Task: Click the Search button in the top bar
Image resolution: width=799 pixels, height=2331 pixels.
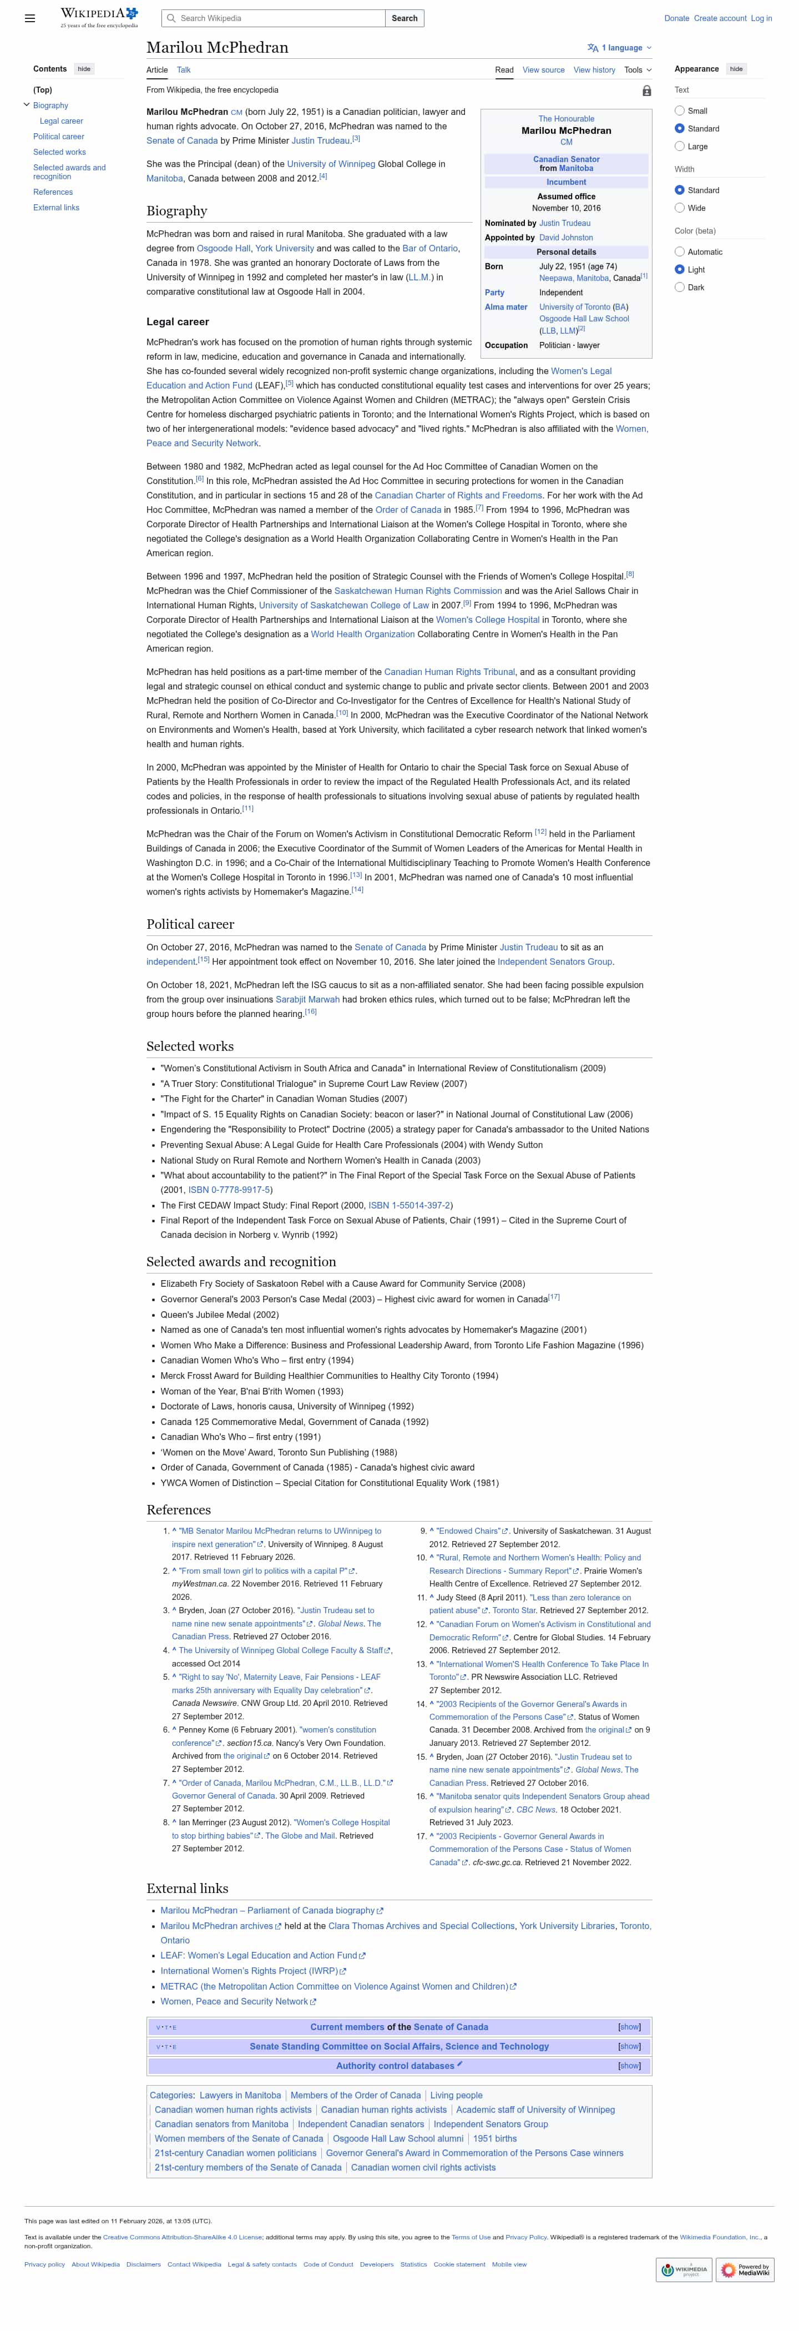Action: [x=404, y=18]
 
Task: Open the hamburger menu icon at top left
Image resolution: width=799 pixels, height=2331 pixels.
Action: [x=30, y=18]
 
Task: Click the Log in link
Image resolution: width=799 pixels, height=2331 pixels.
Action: [x=761, y=18]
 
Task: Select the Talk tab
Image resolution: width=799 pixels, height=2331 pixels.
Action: [x=184, y=70]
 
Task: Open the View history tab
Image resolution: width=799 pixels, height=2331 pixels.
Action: [x=594, y=70]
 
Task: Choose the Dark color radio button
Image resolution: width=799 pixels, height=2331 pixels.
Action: [x=680, y=288]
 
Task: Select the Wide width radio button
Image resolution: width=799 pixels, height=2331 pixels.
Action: [x=680, y=208]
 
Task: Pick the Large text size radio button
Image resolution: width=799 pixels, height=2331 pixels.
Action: [x=680, y=147]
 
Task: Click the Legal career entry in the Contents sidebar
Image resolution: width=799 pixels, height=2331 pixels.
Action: [x=62, y=121]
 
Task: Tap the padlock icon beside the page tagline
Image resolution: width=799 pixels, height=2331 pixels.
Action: [x=646, y=90]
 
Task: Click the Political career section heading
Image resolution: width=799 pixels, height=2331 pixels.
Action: [x=190, y=924]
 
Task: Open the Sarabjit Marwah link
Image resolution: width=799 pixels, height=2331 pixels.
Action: [x=307, y=999]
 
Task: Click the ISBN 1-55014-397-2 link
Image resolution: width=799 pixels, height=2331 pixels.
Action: [x=409, y=1205]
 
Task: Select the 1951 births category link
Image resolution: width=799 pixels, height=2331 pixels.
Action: [x=495, y=2138]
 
